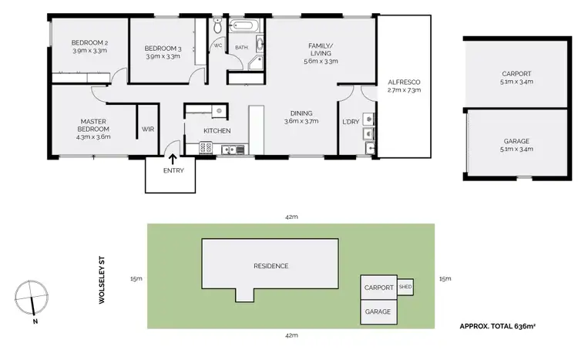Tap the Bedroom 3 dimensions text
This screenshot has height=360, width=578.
(163, 56)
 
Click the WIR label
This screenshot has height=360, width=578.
(148, 130)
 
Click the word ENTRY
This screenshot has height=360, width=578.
(173, 170)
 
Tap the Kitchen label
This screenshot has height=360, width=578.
(217, 131)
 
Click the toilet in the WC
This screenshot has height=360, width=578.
(217, 28)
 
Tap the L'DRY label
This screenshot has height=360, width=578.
(351, 122)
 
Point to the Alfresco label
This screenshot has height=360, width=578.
(404, 82)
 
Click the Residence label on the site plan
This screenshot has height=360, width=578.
(271, 266)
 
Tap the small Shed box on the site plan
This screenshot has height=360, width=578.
(405, 288)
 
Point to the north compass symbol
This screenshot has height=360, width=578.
(31, 297)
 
